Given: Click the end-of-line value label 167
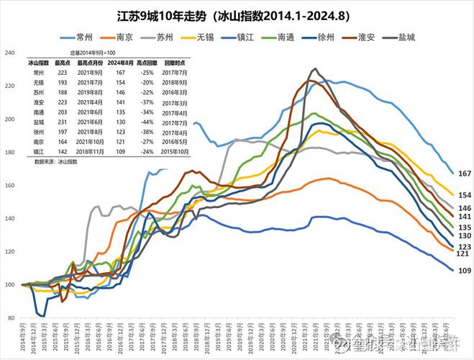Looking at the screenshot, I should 464,174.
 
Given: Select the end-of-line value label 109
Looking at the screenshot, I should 464,270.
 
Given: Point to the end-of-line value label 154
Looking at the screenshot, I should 464,195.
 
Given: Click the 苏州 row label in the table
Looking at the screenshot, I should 38,93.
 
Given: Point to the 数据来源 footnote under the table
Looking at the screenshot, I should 55,162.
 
